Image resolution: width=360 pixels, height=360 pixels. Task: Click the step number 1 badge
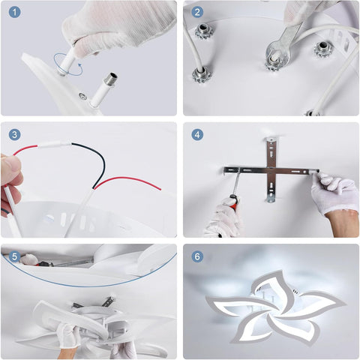[x=14, y=12]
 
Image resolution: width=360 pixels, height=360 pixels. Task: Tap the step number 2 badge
[x=197, y=12]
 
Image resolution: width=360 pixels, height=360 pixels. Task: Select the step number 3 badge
[x=14, y=134]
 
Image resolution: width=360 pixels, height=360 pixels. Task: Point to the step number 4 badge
[x=197, y=134]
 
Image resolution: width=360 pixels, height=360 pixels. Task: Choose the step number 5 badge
[x=14, y=256]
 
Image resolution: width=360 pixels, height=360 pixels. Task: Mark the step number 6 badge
[x=197, y=256]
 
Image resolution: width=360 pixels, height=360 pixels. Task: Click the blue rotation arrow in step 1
[x=68, y=74]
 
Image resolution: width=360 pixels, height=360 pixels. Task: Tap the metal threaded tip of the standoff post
[x=112, y=77]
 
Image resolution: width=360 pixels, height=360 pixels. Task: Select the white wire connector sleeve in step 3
[x=55, y=145]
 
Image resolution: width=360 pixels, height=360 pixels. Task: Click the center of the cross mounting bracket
[x=271, y=171]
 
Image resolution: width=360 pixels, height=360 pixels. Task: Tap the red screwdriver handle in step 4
[x=235, y=199]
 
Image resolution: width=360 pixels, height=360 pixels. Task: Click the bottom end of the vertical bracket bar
[x=270, y=199]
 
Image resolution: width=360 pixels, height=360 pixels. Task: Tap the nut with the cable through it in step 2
[x=202, y=74]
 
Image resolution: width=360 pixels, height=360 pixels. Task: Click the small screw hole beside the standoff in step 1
[x=82, y=96]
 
